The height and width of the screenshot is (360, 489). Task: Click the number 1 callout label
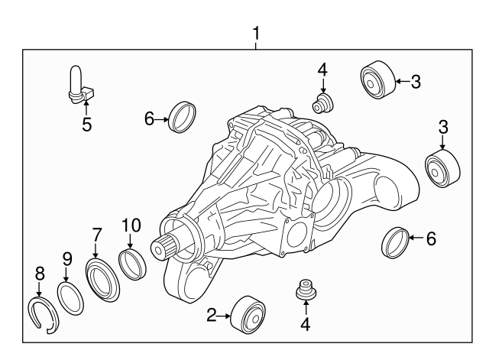pyautogui.click(x=257, y=34)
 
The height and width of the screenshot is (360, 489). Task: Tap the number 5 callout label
pyautogui.click(x=86, y=124)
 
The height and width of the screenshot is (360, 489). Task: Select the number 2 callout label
pyautogui.click(x=212, y=314)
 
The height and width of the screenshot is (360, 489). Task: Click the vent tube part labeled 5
pyautogui.click(x=78, y=84)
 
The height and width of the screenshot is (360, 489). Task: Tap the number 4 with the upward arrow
pyautogui.click(x=305, y=323)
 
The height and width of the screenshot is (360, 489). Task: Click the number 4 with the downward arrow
pyautogui.click(x=322, y=70)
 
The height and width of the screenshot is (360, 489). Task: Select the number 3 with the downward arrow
pyautogui.click(x=442, y=125)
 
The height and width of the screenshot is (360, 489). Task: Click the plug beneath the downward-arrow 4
pyautogui.click(x=322, y=102)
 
